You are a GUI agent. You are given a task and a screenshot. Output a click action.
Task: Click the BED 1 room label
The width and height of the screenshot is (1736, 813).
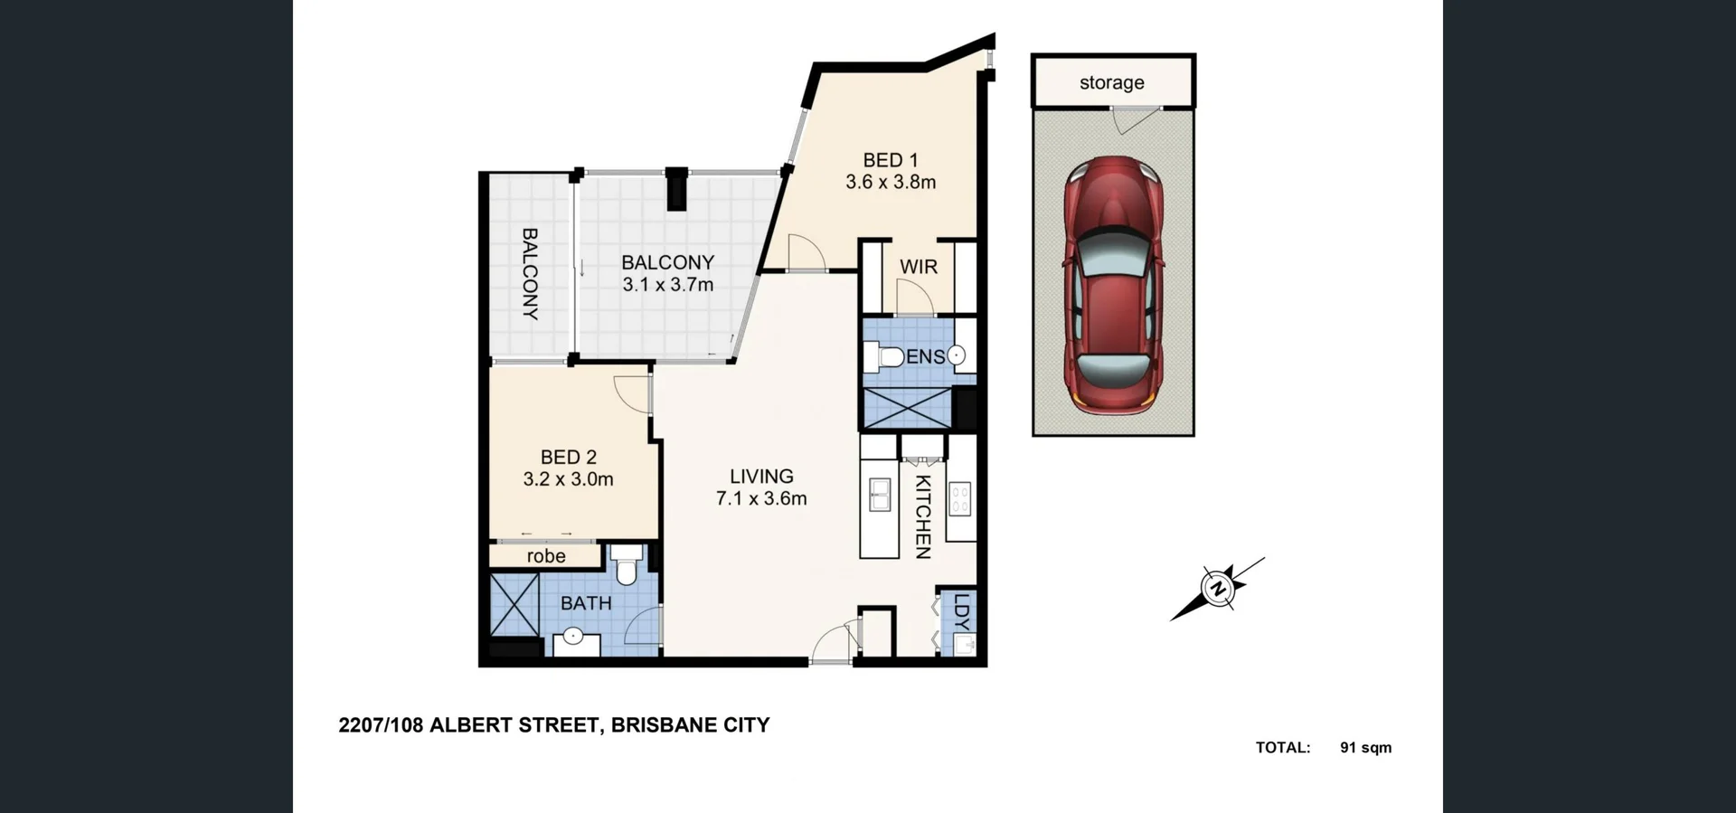point(890,160)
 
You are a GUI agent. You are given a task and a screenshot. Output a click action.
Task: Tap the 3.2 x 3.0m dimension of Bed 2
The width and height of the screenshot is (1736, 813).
point(568,479)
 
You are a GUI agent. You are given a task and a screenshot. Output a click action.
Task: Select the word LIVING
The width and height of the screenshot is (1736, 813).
point(761,476)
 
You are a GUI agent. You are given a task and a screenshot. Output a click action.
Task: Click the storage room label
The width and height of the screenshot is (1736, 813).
point(1111,82)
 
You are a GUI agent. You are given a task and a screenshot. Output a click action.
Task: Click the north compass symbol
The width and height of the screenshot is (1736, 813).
point(1217,589)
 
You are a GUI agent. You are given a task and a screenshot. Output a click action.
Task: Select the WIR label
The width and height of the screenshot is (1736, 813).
point(918,267)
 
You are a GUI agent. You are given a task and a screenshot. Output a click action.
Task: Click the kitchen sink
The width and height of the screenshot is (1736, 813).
point(879,496)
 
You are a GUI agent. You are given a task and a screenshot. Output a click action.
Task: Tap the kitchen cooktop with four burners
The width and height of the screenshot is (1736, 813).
point(959,498)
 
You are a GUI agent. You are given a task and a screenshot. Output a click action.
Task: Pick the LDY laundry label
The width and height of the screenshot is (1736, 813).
point(961,611)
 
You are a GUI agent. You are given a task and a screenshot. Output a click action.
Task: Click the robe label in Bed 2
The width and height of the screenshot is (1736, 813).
point(546,556)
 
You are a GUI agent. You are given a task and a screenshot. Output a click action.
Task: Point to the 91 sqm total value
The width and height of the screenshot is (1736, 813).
point(1365,748)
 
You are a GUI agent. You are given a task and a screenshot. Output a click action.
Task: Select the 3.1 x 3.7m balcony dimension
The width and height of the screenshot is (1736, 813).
point(667,285)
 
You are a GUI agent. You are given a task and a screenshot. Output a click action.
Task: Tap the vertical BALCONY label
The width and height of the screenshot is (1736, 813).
point(530,273)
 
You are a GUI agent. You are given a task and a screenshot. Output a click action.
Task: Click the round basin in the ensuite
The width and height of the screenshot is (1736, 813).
point(956,356)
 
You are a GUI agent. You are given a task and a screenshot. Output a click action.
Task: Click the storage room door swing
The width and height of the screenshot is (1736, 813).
point(1127,118)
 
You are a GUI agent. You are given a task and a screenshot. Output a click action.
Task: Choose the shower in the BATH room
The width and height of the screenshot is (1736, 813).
point(514,605)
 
